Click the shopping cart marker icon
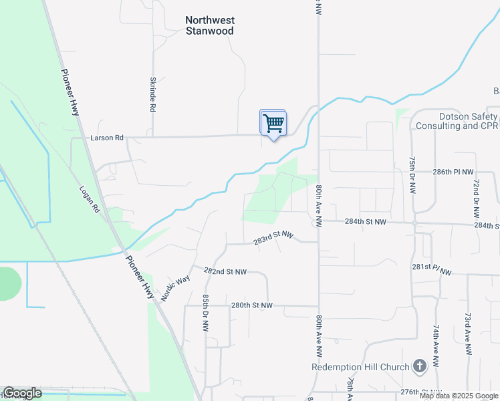tap(273, 124)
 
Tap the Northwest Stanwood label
tap(209, 25)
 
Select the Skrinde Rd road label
tap(153, 94)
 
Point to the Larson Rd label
tap(108, 138)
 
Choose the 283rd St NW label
tap(273, 238)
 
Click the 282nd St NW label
tap(225, 272)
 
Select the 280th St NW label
tap(252, 305)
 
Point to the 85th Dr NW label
tap(205, 313)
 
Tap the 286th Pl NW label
tap(453, 172)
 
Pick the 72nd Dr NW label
tap(476, 198)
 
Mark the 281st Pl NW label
tap(432, 269)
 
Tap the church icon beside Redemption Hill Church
tap(420, 366)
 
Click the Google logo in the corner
tap(23, 394)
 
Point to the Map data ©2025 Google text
tap(458, 396)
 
